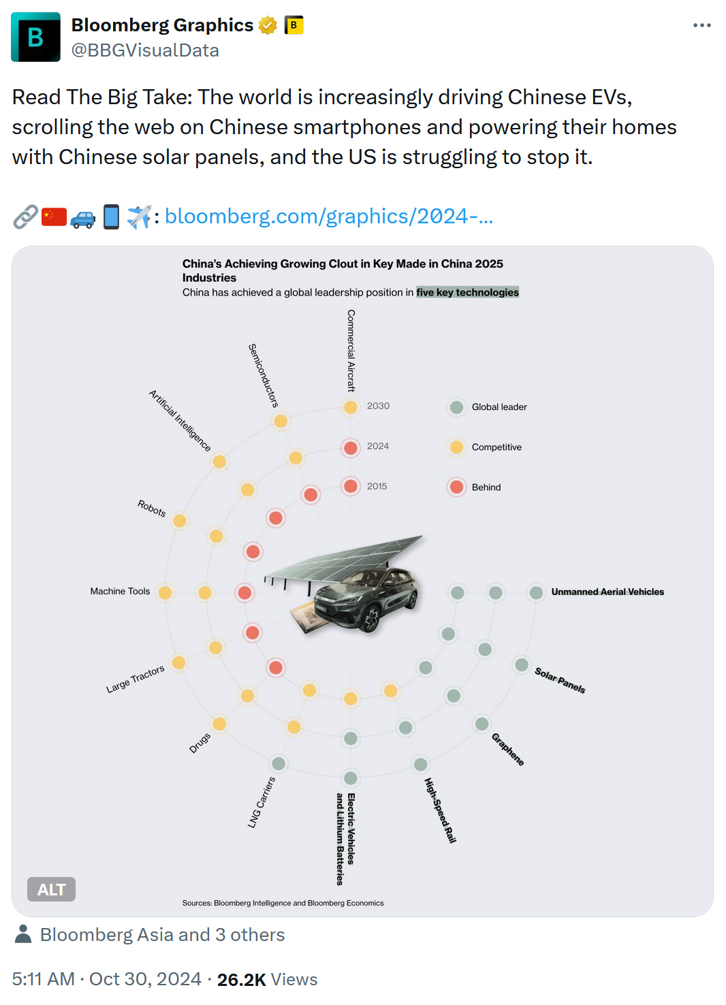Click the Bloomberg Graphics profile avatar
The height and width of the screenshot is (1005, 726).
(x=35, y=37)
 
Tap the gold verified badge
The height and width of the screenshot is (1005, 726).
(x=268, y=26)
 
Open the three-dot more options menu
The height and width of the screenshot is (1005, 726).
(x=701, y=25)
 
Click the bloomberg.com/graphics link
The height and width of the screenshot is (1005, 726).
(x=328, y=217)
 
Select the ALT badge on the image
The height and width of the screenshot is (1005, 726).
(x=51, y=889)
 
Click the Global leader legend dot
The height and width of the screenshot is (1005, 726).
(x=456, y=407)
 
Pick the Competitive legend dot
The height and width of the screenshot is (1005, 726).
(x=456, y=447)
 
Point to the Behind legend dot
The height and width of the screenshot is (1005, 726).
(x=456, y=487)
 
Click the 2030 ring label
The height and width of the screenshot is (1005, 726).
(x=378, y=406)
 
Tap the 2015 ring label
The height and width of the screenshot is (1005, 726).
(x=377, y=486)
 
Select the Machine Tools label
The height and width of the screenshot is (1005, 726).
(x=120, y=591)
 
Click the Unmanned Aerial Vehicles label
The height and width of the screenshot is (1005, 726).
(x=607, y=592)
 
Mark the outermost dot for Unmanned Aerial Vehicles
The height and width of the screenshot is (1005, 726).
(x=536, y=592)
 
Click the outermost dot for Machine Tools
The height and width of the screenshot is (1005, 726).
(x=165, y=592)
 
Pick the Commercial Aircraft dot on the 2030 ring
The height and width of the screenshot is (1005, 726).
(x=351, y=407)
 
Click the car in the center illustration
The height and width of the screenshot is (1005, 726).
(x=368, y=596)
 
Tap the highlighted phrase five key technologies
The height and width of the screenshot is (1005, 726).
(x=467, y=292)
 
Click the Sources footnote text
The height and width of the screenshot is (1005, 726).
(x=283, y=903)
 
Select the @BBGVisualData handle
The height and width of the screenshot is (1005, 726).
(x=145, y=50)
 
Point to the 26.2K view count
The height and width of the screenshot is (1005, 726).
(x=241, y=979)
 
